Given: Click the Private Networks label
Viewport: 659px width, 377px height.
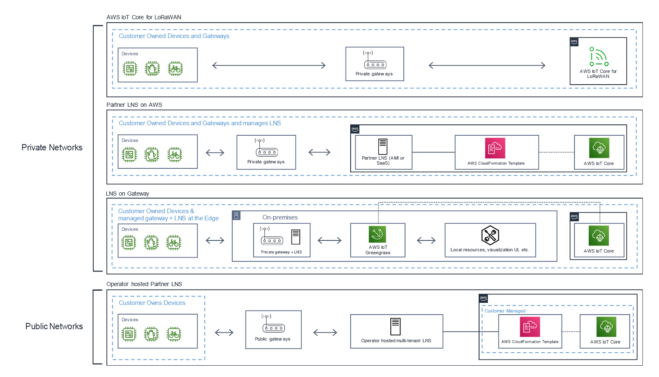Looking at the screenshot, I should coord(52,147).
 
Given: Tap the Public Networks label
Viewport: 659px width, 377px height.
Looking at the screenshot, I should coord(54,326).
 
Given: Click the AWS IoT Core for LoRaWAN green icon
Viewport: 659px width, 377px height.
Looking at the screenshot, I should coord(598,57).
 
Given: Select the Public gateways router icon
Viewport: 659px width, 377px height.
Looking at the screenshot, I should coord(274,328).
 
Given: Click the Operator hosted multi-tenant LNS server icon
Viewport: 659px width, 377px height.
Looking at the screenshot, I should coord(395,327).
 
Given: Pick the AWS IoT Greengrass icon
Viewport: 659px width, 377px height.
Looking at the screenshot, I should coord(377,235).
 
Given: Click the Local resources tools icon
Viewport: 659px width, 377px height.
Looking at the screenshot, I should coord(490,235).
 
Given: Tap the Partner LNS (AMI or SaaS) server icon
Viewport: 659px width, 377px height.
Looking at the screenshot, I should coord(382,147).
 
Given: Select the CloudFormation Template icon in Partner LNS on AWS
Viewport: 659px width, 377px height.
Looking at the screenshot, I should coord(495,148).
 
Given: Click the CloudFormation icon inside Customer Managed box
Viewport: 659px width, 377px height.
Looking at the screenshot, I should coord(530,327).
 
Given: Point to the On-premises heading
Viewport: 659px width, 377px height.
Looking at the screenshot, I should coord(280,217).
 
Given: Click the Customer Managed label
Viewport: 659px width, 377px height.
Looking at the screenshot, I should coord(505,311).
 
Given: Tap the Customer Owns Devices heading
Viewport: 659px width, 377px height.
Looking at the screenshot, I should coord(152,303).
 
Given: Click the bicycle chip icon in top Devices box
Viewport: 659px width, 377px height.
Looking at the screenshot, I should coord(175,69).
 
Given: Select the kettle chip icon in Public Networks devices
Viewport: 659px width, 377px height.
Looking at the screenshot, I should coord(151,334).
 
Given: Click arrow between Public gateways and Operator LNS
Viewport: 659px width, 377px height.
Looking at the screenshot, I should coord(325,333).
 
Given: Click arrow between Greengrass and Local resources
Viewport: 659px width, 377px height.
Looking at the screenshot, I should coord(426,240).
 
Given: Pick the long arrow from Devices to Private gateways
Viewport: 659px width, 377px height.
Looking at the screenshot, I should coord(269,65).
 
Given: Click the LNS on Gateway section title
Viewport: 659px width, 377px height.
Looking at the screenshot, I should coord(128,194).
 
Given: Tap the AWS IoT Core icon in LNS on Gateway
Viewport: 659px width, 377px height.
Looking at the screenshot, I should coord(599,236).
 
